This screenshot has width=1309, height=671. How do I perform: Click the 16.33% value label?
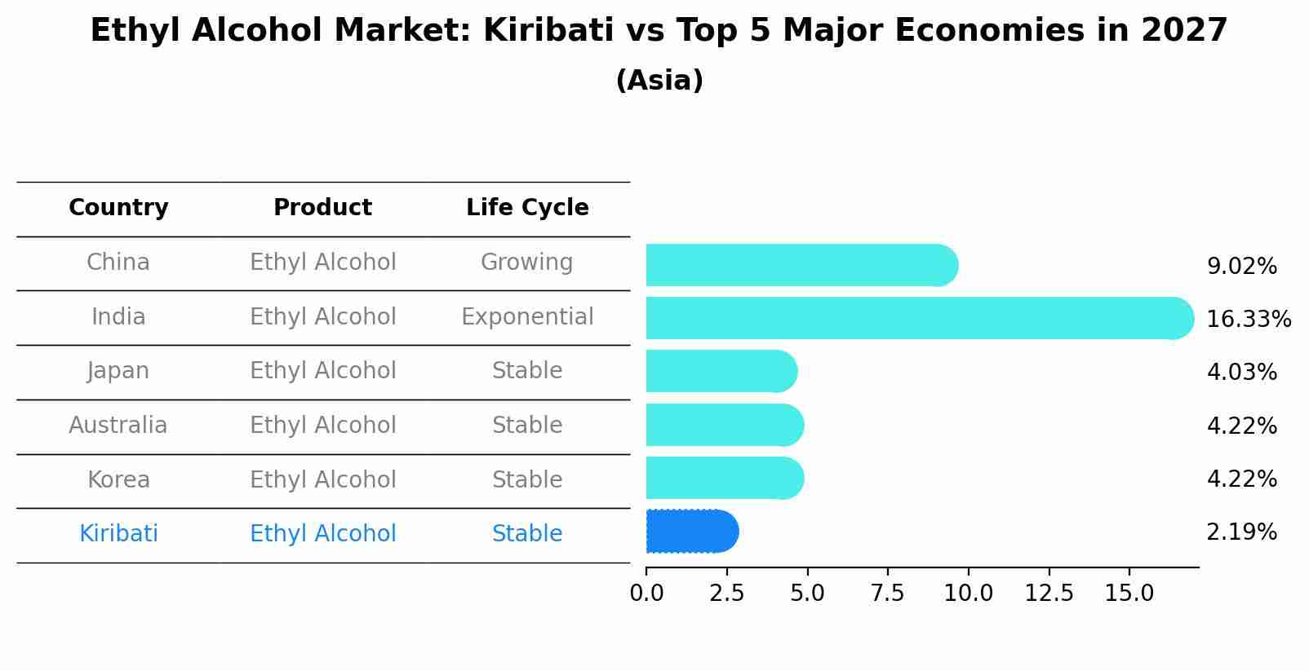(1248, 319)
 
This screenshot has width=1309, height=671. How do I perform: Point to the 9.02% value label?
(1241, 267)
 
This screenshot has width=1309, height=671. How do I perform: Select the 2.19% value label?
(1241, 532)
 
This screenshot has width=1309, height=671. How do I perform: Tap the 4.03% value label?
(1241, 373)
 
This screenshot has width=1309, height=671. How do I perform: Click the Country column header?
(118, 208)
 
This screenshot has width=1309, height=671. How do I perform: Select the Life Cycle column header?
(527, 208)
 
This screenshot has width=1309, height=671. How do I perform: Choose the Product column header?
(322, 208)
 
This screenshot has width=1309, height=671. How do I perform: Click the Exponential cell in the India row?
(527, 317)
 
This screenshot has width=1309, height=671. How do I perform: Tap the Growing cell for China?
(526, 263)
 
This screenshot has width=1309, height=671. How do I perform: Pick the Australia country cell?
(118, 426)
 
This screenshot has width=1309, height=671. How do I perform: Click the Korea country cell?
(118, 480)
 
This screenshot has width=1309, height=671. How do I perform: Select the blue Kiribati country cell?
(118, 534)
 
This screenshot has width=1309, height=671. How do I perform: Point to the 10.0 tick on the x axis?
(968, 594)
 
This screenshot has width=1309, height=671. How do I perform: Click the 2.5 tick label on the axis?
(726, 594)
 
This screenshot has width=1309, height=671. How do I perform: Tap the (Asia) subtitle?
(659, 81)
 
